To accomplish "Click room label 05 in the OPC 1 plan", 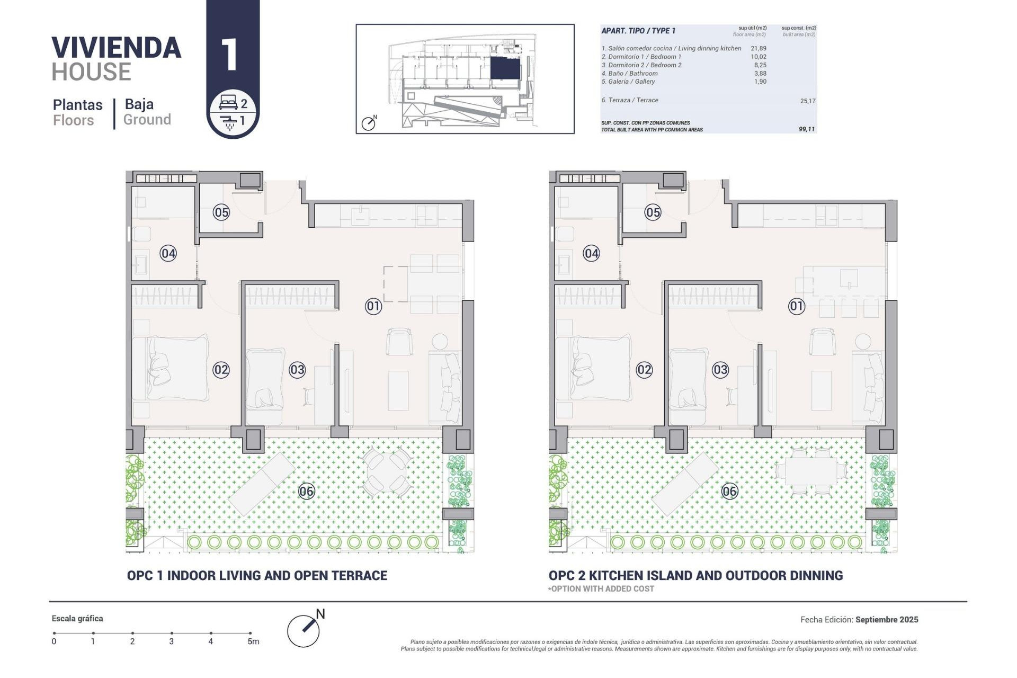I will click(x=221, y=212).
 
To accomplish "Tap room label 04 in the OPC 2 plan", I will click(x=591, y=253).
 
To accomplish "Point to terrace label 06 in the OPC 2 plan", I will click(x=729, y=492).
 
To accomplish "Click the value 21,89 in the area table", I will click(x=758, y=48).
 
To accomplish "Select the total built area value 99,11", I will click(x=806, y=129).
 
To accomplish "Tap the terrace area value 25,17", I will click(x=807, y=101).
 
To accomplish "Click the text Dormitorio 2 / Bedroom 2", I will click(x=641, y=65).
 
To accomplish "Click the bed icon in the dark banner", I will click(x=228, y=102).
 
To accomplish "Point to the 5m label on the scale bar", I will click(x=253, y=641).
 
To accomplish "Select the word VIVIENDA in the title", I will click(x=116, y=48).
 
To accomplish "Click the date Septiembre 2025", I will click(x=886, y=619).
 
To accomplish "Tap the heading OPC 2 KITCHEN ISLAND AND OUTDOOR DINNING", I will click(x=695, y=575).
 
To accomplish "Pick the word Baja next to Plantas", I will click(x=139, y=104).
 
